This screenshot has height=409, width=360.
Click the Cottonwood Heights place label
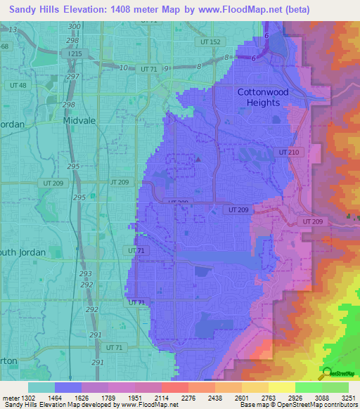tap(259, 97)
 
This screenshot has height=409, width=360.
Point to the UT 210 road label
tap(288, 152)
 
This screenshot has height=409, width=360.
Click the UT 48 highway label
tap(18, 85)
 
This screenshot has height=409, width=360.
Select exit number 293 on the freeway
tap(86, 273)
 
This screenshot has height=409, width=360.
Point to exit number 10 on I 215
tap(124, 67)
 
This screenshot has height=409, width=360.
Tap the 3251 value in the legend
tap(349, 398)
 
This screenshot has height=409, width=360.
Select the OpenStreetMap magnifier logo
tap(326, 373)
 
